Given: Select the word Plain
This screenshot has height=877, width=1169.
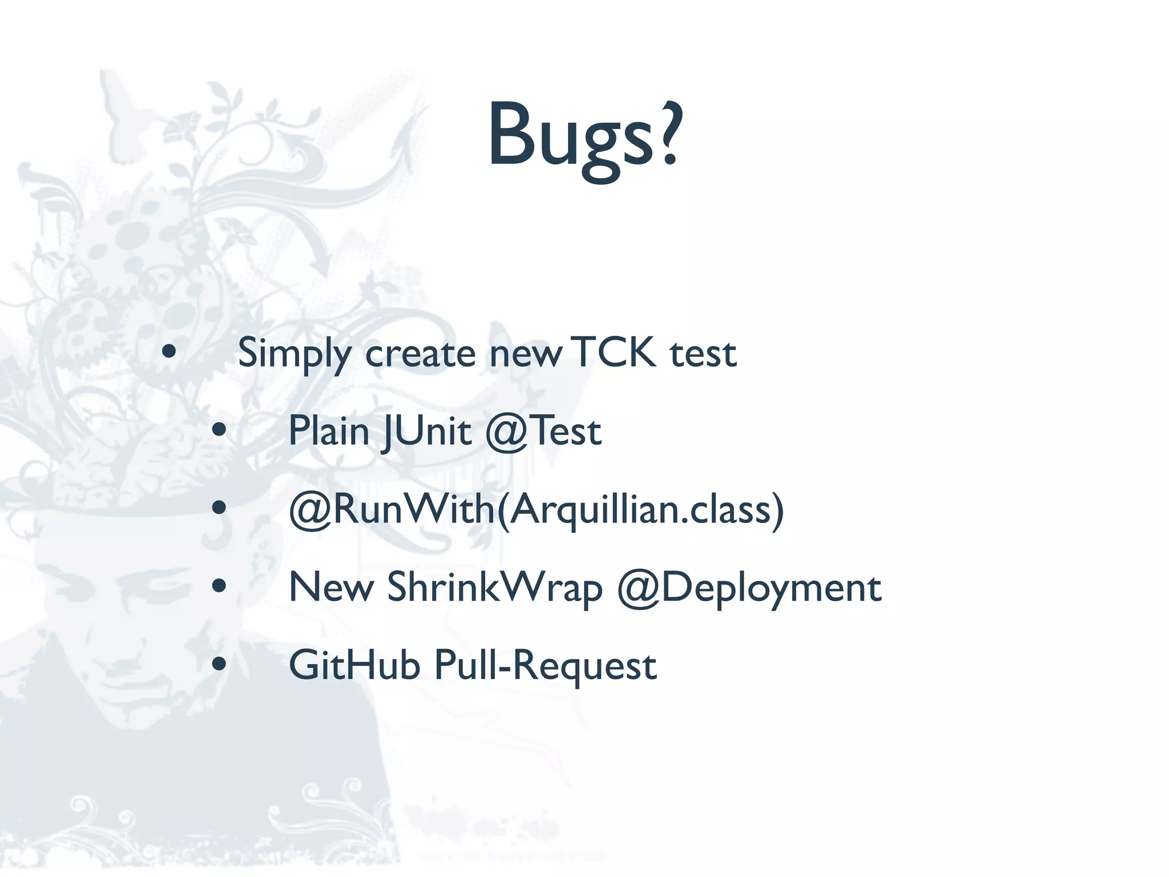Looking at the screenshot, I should point(329,431).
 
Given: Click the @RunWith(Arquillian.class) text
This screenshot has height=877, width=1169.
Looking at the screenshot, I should point(537,509).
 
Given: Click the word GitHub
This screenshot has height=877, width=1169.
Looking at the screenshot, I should point(354,665).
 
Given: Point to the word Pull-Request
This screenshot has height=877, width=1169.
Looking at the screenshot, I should point(546,666).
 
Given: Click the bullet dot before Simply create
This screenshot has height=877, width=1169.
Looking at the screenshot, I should point(169,352).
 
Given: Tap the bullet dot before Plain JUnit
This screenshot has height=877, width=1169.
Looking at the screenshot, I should point(219,430).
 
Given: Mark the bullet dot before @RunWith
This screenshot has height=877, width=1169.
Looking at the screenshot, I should point(219,508).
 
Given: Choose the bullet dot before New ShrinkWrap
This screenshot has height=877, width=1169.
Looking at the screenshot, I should point(219,586).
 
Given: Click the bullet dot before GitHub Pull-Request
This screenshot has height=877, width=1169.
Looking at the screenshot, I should point(219,663).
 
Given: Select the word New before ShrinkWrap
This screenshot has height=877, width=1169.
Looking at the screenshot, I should point(331,587).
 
